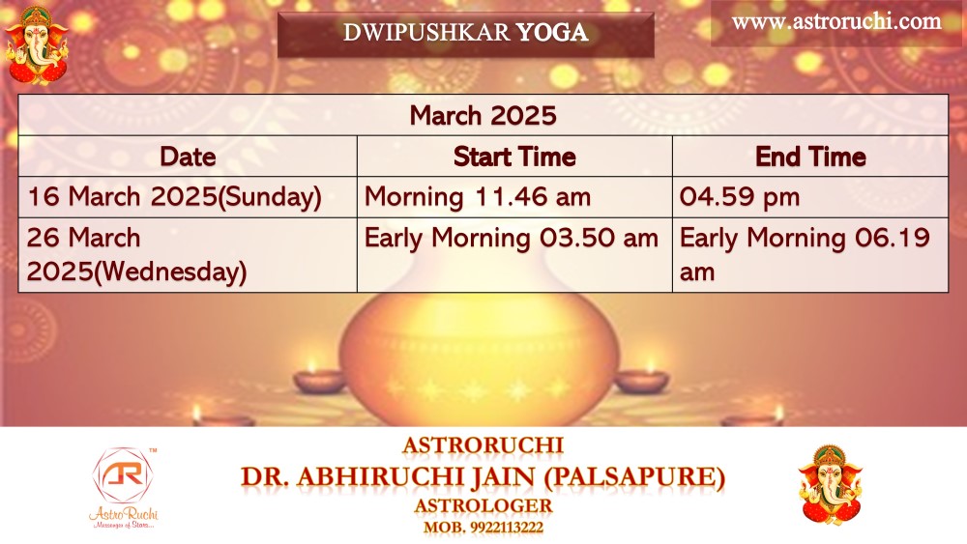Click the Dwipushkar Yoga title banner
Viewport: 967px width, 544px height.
point(466,34)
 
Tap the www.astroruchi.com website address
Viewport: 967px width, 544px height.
point(836,21)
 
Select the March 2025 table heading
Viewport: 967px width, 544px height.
point(483,115)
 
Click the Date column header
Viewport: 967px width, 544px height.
point(188,157)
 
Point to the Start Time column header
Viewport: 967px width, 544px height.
point(514,157)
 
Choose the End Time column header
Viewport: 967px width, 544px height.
point(810,157)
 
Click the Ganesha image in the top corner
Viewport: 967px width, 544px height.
point(37,44)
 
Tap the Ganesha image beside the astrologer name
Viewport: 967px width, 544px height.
point(830,485)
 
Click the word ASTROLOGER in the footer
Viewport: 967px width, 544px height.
point(483,505)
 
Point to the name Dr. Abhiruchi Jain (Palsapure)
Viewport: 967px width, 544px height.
point(483,477)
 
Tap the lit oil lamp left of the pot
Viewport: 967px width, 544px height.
point(319,376)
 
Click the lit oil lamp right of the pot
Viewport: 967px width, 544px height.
point(643,376)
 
